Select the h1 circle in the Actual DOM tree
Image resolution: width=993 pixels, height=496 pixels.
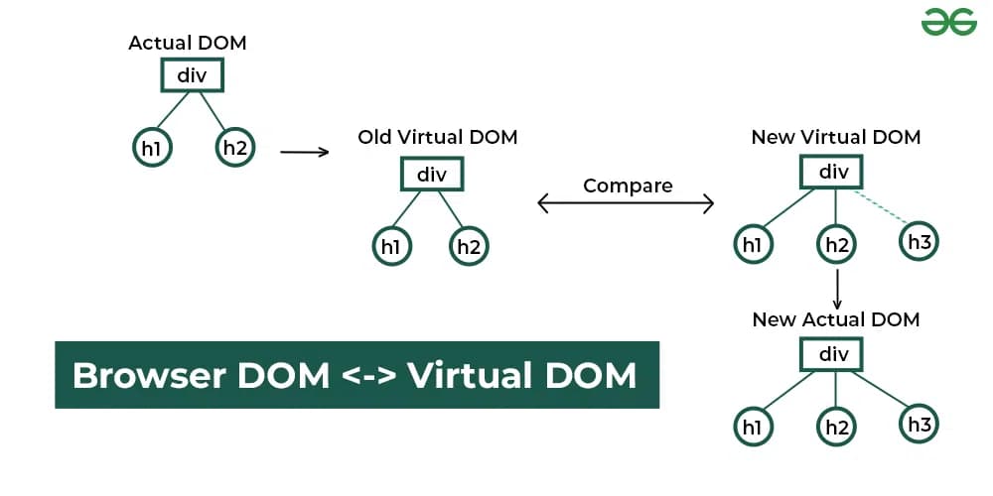tap(151, 149)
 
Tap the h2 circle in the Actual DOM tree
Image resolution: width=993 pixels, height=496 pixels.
tap(234, 149)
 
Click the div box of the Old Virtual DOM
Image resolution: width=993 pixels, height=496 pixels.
tap(432, 175)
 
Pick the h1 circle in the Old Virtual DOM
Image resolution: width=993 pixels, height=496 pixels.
tap(390, 246)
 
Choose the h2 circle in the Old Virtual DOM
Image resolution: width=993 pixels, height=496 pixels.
tap(469, 246)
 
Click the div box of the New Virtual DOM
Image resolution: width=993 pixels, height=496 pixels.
tap(834, 173)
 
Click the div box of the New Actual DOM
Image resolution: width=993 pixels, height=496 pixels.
tap(834, 354)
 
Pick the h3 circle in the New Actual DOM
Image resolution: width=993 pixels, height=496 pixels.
tap(919, 426)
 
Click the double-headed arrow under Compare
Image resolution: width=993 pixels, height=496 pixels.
tap(626, 203)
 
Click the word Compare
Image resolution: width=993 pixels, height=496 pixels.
tap(628, 186)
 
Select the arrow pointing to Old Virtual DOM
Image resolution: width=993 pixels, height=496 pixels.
tap(304, 152)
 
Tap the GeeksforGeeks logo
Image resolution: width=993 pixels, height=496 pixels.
tap(948, 22)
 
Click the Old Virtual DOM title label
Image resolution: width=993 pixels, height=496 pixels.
tap(438, 137)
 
